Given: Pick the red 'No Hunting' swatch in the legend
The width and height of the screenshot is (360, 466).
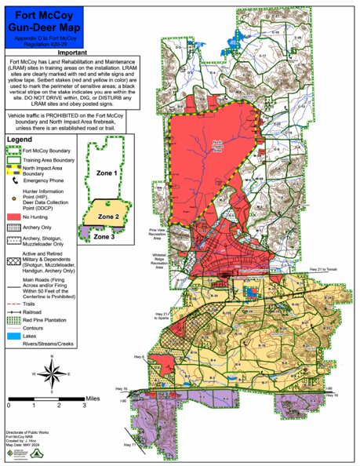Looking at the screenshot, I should [14, 214].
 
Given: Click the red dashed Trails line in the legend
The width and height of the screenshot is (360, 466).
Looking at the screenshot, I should [14, 301].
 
